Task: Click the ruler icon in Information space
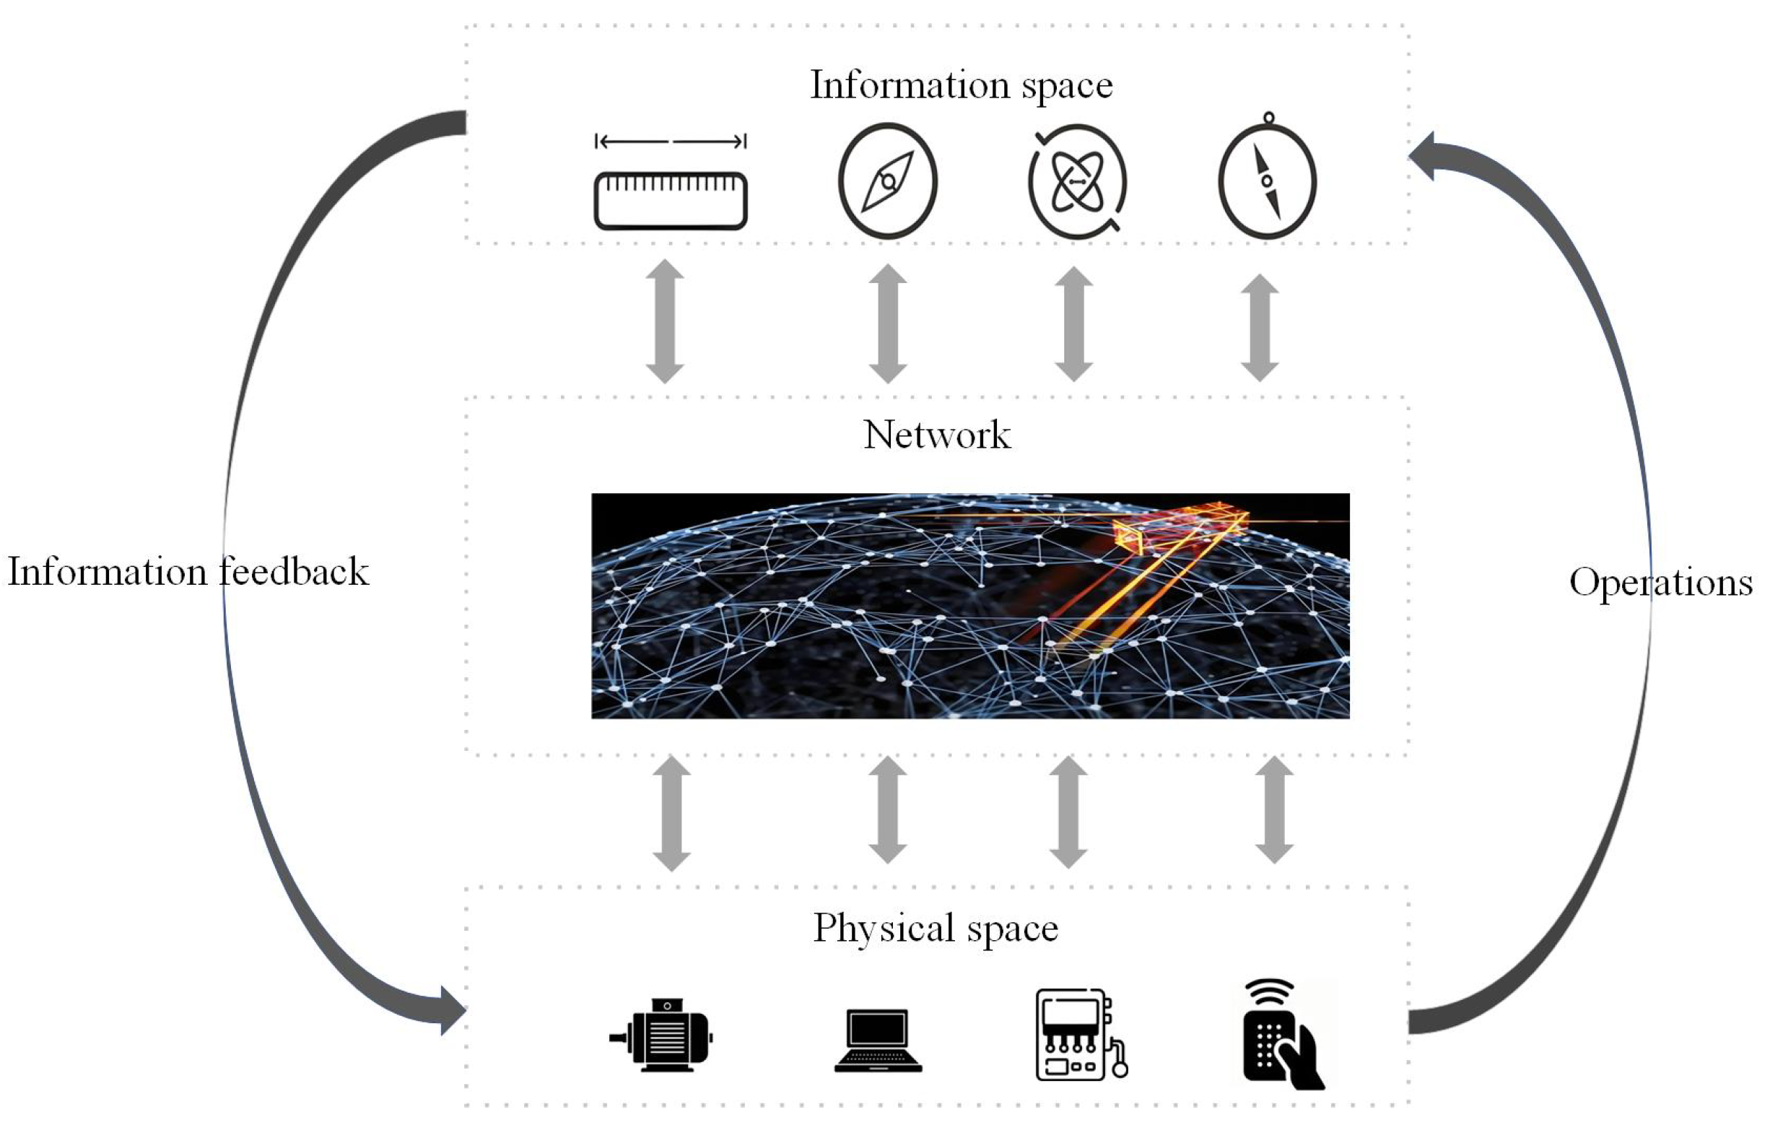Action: point(671,201)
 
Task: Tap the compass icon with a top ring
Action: point(1268,180)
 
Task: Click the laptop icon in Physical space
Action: point(878,1041)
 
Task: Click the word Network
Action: point(936,435)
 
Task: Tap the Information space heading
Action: point(961,84)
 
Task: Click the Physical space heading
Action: point(935,927)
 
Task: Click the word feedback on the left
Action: point(294,572)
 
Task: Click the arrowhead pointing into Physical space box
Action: point(451,1011)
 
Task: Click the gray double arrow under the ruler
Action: point(665,321)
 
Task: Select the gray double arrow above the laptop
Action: point(887,809)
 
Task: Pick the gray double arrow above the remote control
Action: point(1274,809)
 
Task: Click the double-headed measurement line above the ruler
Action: point(671,142)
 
